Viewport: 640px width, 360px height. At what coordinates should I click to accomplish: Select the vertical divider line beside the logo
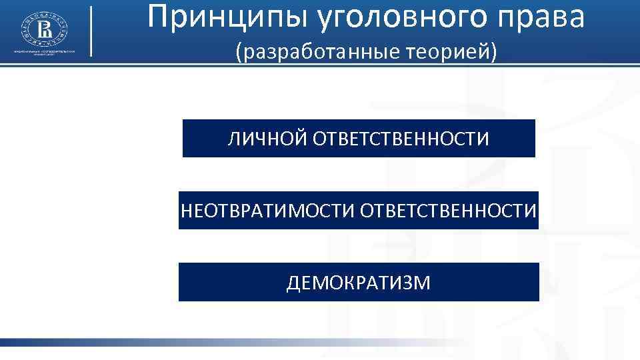(x=91, y=31)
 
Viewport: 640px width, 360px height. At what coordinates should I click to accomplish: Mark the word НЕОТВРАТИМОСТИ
(x=269, y=211)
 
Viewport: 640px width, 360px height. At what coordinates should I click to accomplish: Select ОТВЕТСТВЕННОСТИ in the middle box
(x=449, y=211)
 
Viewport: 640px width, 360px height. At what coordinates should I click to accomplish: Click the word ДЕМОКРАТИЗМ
(x=359, y=283)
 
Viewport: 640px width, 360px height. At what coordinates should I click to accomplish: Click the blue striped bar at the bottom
(x=200, y=343)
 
